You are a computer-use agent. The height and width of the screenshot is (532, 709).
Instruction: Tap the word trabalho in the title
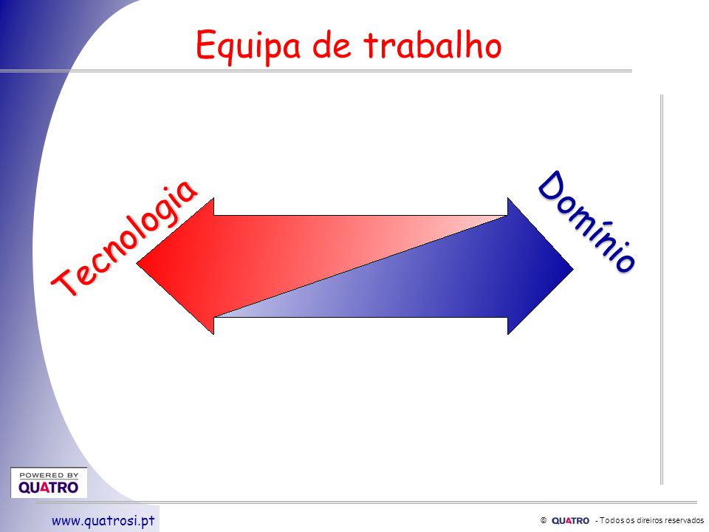coord(433,45)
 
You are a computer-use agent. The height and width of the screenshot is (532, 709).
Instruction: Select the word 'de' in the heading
coord(332,46)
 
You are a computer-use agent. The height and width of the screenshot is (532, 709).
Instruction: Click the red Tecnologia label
coord(124,238)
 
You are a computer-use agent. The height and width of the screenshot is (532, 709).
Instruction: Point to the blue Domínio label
coord(587,222)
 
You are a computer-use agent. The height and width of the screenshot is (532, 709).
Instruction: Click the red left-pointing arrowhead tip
coord(137,263)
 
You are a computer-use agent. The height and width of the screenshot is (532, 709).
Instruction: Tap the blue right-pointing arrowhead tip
coord(573,270)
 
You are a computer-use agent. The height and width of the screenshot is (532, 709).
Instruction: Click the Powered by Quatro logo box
coord(49,482)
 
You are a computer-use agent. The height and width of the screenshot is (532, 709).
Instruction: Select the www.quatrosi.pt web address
coord(103,521)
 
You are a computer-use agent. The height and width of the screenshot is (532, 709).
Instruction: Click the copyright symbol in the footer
coord(544,521)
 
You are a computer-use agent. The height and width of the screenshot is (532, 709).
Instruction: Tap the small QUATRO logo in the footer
coord(570,521)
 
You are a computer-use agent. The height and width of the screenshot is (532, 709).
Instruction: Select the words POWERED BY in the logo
coord(49,475)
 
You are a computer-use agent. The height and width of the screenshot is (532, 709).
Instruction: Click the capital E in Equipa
coord(205,44)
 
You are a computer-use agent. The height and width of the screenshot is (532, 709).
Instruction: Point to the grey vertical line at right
coord(662,290)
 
